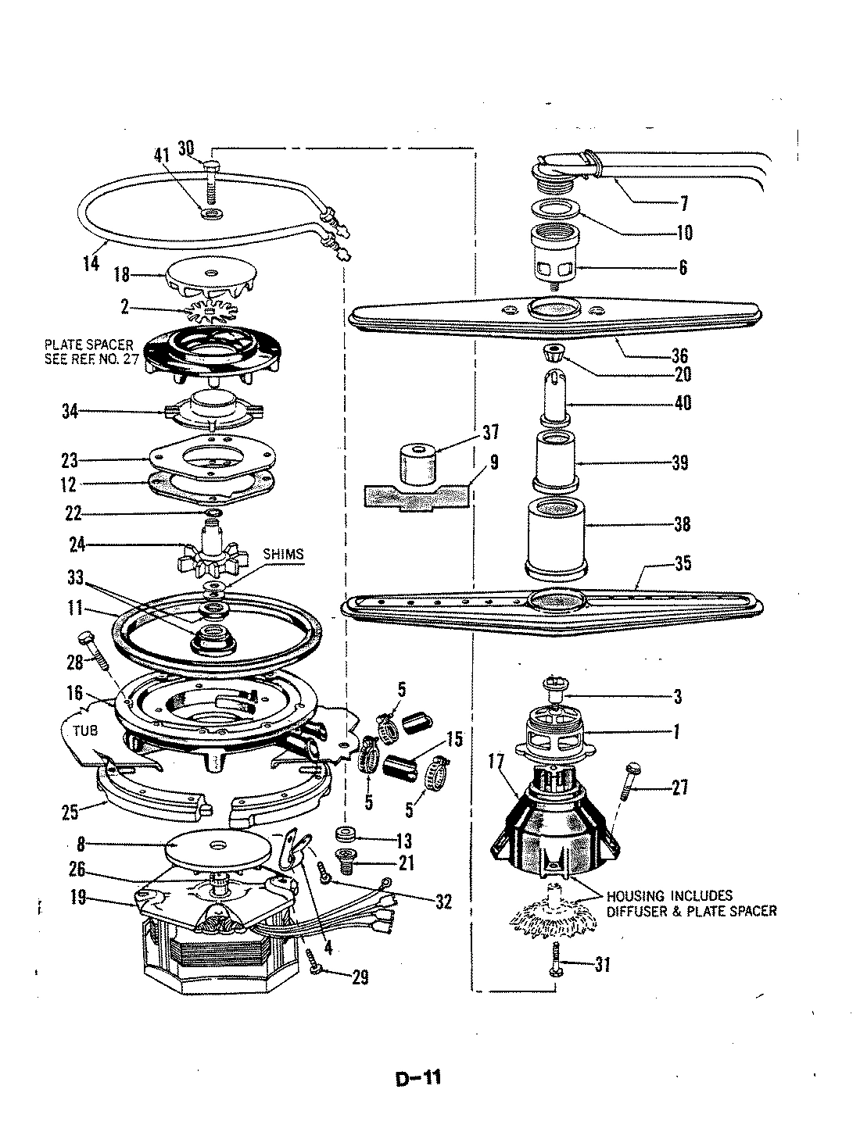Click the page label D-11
[x=419, y=1079]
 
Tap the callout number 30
[x=186, y=148]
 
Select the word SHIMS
[x=284, y=554]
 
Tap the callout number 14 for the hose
[x=91, y=262]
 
